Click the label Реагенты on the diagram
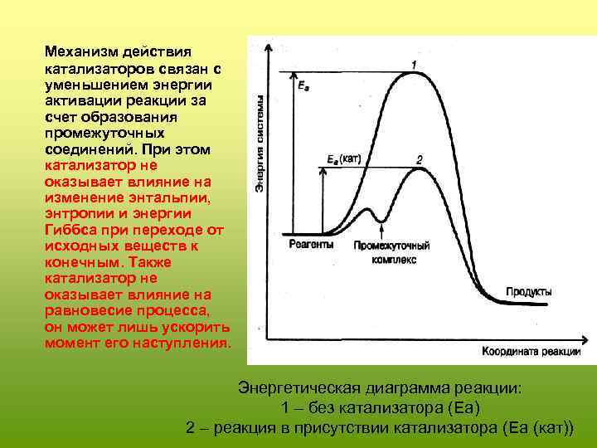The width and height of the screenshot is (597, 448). click(313, 246)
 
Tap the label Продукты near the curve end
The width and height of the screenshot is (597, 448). click(528, 292)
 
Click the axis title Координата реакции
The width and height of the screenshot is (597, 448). click(531, 351)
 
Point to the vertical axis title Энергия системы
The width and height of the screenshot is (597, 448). click(260, 146)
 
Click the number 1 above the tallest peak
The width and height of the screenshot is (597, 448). click(414, 65)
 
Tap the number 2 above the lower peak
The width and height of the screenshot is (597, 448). click(420, 158)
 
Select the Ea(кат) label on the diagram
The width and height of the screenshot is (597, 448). click(343, 158)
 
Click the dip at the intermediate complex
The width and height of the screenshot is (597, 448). click(381, 221)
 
